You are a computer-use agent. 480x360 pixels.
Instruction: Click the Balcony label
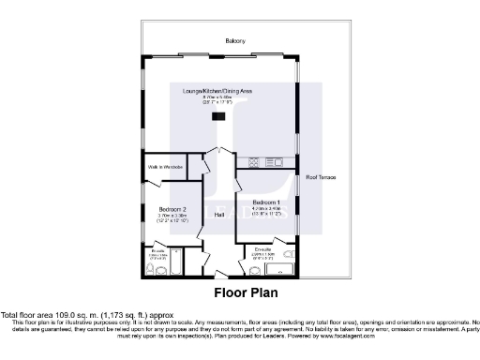coord(234,40)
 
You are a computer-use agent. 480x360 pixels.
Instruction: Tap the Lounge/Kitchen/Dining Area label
coord(224,89)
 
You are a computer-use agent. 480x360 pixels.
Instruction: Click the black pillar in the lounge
coord(218,116)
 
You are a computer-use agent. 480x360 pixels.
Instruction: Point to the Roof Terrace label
coord(320,175)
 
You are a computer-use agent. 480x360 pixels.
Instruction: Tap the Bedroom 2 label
coord(171,208)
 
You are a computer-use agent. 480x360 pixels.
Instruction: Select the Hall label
coord(219,215)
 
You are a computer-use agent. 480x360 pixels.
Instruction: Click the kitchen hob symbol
coord(252,163)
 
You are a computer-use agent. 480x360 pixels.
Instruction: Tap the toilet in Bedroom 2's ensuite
coord(152,270)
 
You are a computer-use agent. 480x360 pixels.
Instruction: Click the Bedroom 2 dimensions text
coord(172,218)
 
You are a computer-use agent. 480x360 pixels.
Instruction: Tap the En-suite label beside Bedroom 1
coord(263,248)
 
